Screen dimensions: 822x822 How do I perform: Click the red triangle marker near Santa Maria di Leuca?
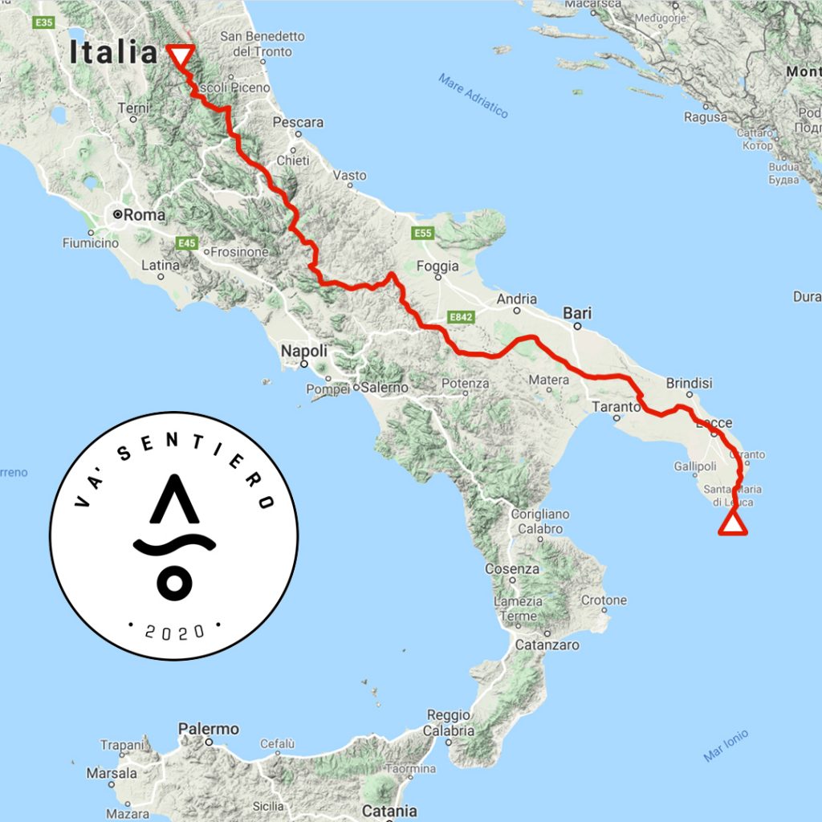(732, 523)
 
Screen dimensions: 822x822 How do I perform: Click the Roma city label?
(145, 214)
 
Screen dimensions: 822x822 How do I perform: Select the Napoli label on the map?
(303, 351)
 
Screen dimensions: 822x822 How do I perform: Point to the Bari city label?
(577, 313)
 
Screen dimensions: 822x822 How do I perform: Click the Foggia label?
(438, 266)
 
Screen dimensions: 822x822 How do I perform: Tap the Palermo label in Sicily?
(209, 729)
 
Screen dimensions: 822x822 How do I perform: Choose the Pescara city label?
(298, 123)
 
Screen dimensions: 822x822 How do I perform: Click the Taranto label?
(615, 407)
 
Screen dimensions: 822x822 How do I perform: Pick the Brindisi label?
(689, 383)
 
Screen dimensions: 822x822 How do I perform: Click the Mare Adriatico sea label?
(474, 96)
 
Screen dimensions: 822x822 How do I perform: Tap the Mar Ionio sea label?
(726, 745)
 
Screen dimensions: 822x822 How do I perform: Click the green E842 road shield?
(461, 318)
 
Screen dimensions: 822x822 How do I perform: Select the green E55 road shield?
(423, 233)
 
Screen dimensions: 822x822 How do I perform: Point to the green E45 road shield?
(187, 242)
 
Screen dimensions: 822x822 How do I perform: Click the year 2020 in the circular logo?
(174, 630)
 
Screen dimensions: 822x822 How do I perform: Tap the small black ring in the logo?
(174, 582)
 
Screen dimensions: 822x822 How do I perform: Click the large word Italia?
(113, 52)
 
